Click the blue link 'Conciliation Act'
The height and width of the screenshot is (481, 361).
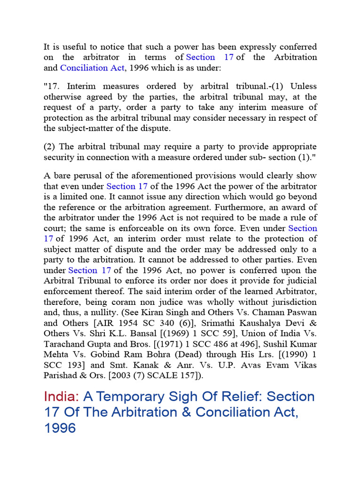(x=92, y=68)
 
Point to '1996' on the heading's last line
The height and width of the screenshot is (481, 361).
(x=60, y=428)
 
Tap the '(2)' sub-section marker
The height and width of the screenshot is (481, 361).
(x=50, y=147)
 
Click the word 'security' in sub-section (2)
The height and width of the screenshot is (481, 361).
(x=59, y=157)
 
